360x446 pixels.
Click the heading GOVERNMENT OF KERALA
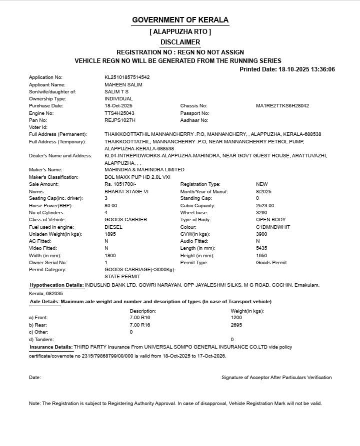coord(180,20)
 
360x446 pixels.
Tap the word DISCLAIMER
coord(180,42)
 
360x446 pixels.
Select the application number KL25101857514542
coord(127,77)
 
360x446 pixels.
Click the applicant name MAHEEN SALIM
coord(123,84)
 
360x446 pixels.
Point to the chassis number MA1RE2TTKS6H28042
coord(282,106)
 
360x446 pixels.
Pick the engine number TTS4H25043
coord(119,113)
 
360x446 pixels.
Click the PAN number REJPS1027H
coord(120,120)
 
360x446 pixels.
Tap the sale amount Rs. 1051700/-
coord(120,184)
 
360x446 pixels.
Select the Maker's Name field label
coord(45,170)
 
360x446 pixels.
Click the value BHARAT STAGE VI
coord(126,191)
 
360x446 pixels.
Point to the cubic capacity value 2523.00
coord(265,206)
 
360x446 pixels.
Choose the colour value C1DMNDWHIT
coord(273,227)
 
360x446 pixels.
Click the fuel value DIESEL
coord(113,227)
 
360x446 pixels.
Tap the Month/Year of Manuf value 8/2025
coord(263,191)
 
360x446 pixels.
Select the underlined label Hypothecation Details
coord(56,285)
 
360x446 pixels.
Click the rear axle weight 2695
coord(236,325)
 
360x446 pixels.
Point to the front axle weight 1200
coord(236,318)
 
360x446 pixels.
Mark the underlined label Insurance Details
coord(51,347)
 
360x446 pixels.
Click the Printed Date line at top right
coord(287,69)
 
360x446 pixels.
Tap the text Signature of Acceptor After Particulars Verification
coord(276,378)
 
